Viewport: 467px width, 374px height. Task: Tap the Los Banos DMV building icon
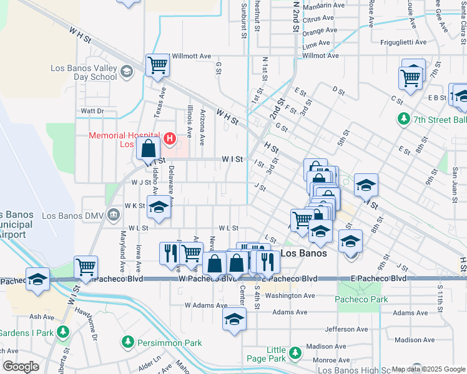point(113,215)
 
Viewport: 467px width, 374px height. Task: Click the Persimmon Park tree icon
point(128,342)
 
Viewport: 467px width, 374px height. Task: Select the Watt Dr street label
point(92,111)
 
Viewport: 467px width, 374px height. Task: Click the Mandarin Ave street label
point(323,6)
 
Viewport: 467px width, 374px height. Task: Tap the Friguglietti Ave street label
point(403,43)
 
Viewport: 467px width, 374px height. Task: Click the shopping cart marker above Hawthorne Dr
point(86,266)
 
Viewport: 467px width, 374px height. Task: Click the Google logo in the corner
point(20,366)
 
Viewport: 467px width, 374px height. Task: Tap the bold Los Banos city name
point(304,254)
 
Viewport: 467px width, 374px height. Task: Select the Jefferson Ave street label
point(347,328)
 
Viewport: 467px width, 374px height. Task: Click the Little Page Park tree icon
point(294,354)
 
